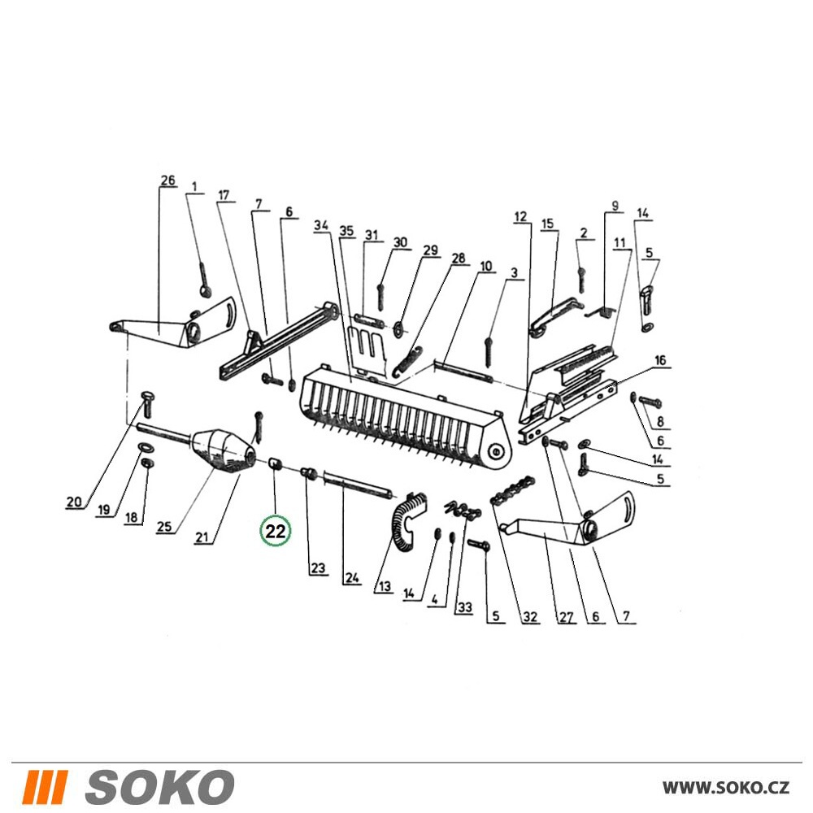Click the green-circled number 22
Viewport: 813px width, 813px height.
coord(276,531)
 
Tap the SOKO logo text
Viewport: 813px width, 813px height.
coord(160,787)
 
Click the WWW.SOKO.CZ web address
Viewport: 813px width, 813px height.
coord(726,788)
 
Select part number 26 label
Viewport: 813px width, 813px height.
coord(167,181)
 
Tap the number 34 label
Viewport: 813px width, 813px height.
coord(321,225)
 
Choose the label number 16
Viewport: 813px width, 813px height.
coord(659,360)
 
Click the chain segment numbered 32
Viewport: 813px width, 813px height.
coord(513,490)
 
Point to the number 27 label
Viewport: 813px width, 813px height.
coord(566,616)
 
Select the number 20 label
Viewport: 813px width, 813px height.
coord(74,502)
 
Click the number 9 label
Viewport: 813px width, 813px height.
coord(615,206)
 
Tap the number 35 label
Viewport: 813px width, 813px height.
coord(346,231)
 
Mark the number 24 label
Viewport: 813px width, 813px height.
coord(352,577)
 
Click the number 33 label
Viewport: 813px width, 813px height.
coord(464,606)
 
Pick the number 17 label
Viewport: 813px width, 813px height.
coord(224,195)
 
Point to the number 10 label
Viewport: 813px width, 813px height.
coord(486,267)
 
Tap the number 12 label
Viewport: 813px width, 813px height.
coord(520,217)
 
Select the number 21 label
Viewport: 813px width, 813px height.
coord(202,536)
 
